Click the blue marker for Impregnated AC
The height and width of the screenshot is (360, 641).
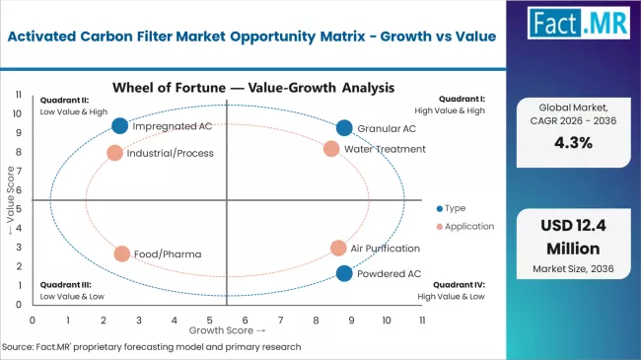pyautogui.click(x=119, y=125)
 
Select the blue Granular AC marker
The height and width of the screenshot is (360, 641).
pyautogui.click(x=343, y=128)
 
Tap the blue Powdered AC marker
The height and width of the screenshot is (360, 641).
pyautogui.click(x=343, y=273)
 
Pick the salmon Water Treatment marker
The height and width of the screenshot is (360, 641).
pyautogui.click(x=331, y=149)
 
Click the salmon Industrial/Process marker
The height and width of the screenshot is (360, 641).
pyautogui.click(x=114, y=153)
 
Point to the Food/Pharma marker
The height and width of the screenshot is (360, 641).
pyautogui.click(x=121, y=253)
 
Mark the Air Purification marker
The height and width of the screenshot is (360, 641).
pyautogui.click(x=338, y=249)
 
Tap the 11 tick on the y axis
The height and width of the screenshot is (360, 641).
pyautogui.click(x=19, y=95)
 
